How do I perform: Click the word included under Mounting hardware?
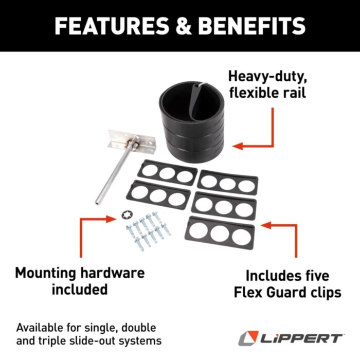pos(80,289)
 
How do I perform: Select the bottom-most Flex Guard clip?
pos(221,233)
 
